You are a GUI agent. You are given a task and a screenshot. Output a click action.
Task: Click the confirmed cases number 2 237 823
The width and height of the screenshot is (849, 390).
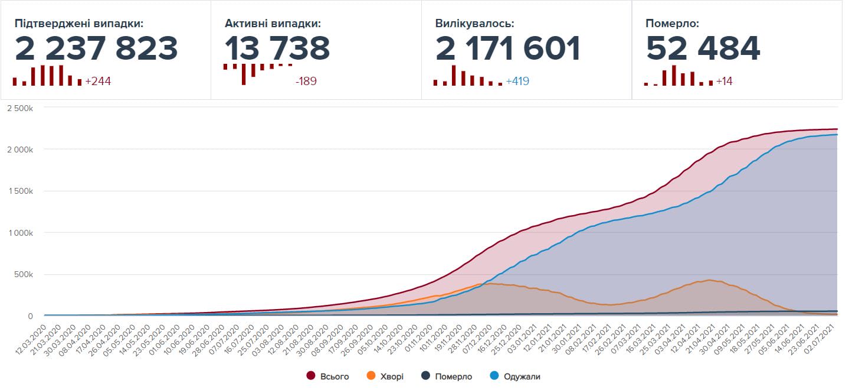point(96,48)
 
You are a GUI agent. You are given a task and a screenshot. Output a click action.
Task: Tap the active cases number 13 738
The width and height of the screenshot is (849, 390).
point(277,48)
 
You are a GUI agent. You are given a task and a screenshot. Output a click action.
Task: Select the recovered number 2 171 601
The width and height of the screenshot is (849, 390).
point(508,48)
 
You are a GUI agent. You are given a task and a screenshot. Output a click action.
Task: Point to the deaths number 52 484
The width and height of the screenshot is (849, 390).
point(703,48)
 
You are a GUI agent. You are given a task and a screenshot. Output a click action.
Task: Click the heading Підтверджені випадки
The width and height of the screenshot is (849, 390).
point(79,24)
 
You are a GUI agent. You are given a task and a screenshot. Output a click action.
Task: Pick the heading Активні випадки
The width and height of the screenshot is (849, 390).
point(273,24)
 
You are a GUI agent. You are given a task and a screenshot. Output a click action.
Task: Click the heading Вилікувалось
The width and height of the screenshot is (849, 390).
point(474,24)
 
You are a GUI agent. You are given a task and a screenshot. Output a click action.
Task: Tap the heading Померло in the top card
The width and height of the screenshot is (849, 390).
point(672,24)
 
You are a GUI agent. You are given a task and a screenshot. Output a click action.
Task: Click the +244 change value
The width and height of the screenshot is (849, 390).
point(98,82)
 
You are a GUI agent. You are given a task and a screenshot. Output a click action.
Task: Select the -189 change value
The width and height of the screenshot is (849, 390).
point(306,82)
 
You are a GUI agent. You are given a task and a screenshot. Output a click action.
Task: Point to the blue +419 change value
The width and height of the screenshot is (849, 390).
point(517,82)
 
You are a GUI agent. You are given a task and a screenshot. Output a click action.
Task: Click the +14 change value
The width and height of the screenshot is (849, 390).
point(724,82)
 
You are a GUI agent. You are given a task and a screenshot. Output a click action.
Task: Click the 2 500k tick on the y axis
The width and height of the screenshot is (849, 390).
point(21,108)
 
